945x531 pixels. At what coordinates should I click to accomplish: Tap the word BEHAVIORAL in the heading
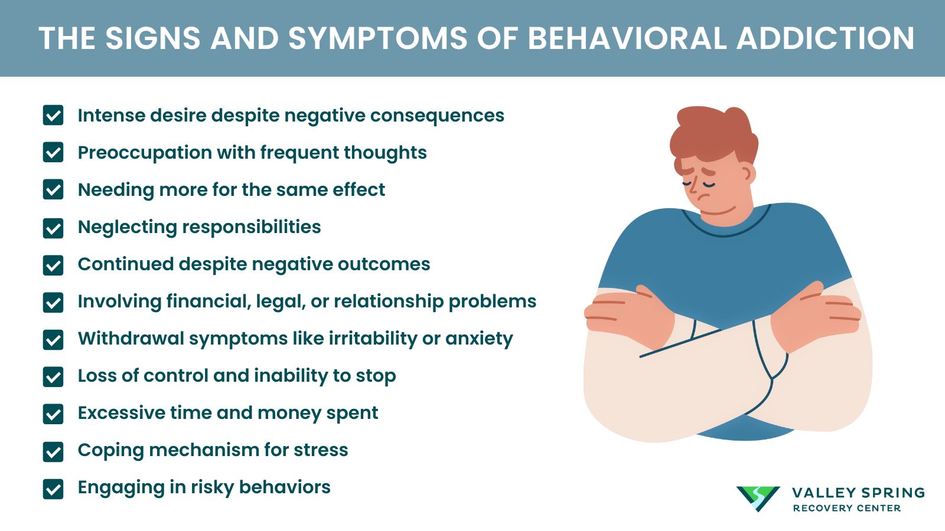pyautogui.click(x=626, y=38)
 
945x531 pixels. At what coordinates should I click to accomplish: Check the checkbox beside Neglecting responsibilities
pyautogui.click(x=53, y=228)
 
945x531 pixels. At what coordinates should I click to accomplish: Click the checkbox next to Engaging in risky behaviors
pyautogui.click(x=53, y=489)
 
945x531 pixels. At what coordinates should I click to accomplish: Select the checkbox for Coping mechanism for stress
pyautogui.click(x=53, y=451)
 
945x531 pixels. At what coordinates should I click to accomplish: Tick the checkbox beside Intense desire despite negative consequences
pyautogui.click(x=53, y=115)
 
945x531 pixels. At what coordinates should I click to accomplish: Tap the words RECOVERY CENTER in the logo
pyautogui.click(x=846, y=508)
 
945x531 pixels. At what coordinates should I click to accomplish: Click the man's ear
pyautogui.click(x=747, y=173)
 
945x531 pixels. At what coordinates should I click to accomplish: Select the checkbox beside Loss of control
pyautogui.click(x=53, y=376)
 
